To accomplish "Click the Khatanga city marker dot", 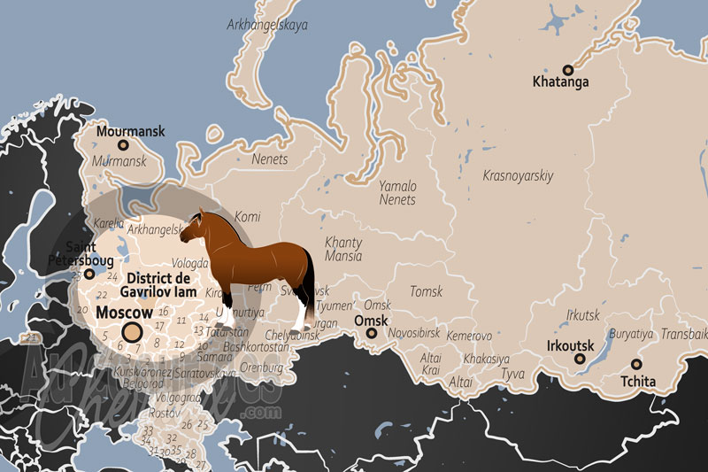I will [x=568, y=69].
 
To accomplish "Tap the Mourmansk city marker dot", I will [x=123, y=145].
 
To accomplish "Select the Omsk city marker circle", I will [x=372, y=334].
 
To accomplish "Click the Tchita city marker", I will [x=635, y=364].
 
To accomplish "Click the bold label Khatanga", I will [x=561, y=83].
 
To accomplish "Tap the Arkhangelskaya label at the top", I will [x=267, y=25].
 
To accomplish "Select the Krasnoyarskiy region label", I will [x=518, y=176].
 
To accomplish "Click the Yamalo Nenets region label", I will [x=397, y=193].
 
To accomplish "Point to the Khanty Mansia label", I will [x=343, y=249].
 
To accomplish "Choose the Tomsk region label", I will [x=426, y=291].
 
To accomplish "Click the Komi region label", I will [x=248, y=216].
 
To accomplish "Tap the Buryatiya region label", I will [x=631, y=335].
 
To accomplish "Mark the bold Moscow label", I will [x=124, y=313].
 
